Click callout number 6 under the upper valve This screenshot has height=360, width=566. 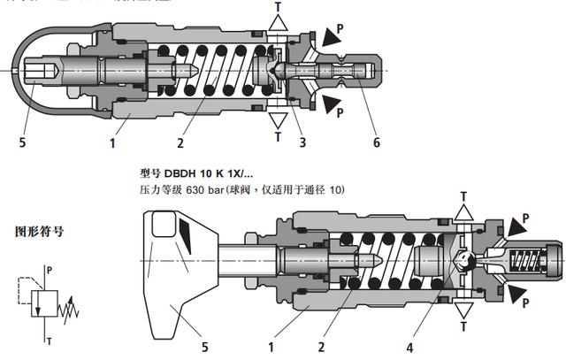376,139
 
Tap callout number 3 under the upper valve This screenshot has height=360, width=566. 302,139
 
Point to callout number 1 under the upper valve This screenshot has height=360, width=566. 113,139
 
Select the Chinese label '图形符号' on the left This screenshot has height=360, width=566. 39,232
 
